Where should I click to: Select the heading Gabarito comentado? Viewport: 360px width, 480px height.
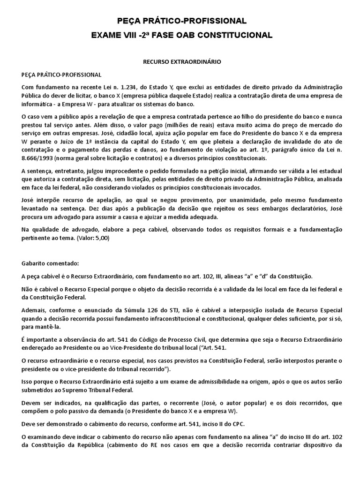click(46, 264)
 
